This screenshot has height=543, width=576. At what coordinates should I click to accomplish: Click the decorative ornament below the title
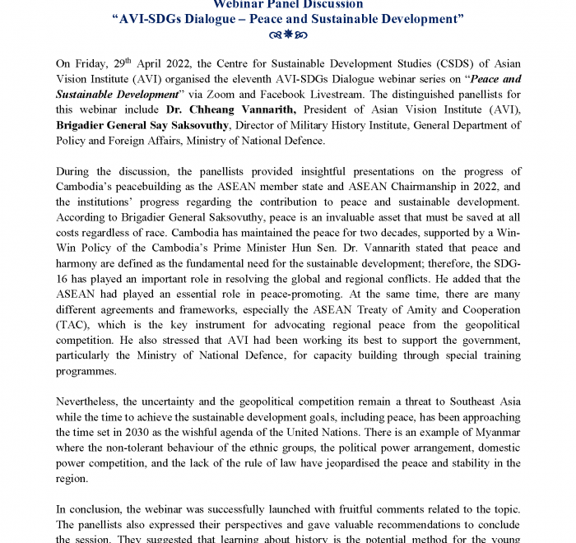[288, 35]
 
